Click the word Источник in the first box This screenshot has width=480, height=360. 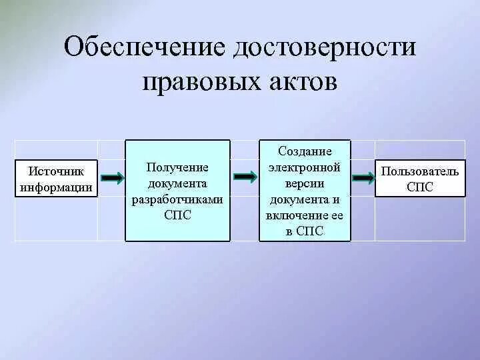(x=56, y=172)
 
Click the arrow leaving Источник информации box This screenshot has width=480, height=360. (x=112, y=178)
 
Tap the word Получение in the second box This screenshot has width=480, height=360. (x=177, y=167)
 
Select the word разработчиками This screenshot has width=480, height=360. (x=177, y=199)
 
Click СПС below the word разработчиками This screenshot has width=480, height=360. (x=177, y=215)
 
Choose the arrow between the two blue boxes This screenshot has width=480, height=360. (x=245, y=177)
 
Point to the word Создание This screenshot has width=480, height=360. (x=305, y=152)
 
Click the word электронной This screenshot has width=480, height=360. (x=305, y=167)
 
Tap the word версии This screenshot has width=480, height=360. (x=305, y=183)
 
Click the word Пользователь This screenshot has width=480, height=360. (x=420, y=171)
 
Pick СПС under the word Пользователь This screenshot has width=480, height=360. (x=420, y=187)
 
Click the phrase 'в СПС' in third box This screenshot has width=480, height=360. (x=305, y=231)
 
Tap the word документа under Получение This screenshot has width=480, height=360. (x=177, y=183)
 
